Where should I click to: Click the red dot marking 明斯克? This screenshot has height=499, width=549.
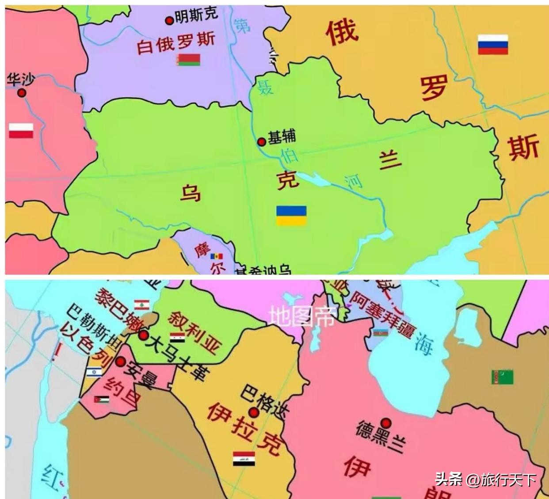tap(169, 20)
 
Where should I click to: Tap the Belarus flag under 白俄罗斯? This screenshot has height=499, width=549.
tap(189, 60)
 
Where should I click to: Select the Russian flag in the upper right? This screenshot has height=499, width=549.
tap(492, 45)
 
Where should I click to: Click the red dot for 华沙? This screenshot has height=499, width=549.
tap(21, 93)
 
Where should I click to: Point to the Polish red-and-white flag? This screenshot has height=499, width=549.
tap(21, 131)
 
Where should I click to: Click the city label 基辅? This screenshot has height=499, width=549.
tap(282, 137)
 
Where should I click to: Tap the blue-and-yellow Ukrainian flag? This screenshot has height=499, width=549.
tap(291, 215)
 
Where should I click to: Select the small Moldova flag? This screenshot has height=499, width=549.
tap(217, 256)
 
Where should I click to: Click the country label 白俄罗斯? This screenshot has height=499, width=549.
tap(175, 43)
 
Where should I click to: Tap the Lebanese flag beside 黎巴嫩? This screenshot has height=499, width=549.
tap(141, 305)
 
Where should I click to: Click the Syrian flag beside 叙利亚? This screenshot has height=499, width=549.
tap(177, 338)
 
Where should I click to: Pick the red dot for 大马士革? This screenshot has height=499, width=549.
tap(143, 335)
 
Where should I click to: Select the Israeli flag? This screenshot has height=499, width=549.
tap(94, 372)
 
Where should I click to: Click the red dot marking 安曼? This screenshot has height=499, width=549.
tap(120, 362)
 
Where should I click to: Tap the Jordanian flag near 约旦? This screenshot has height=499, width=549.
tap(102, 400)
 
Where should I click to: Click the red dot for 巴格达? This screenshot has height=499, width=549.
tap(254, 412)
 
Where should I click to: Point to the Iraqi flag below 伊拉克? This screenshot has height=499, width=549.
tap(244, 459)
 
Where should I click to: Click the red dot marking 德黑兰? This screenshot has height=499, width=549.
tap(387, 422)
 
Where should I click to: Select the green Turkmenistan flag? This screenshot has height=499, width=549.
tap(503, 377)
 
